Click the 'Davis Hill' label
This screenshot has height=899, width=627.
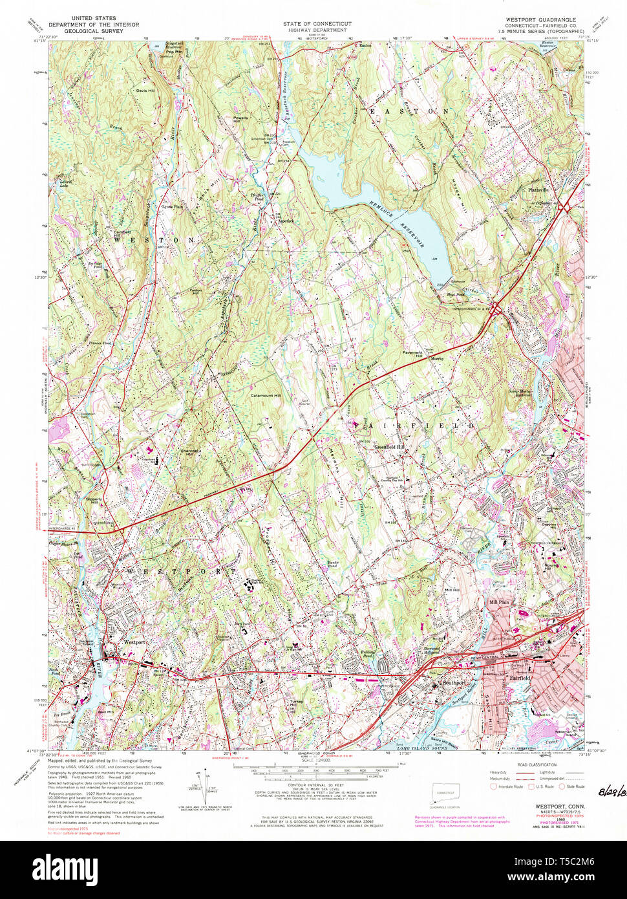click(145, 91)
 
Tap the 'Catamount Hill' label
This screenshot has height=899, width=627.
click(266, 395)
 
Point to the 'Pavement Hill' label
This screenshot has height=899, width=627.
click(427, 355)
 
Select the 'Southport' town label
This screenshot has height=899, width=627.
click(452, 682)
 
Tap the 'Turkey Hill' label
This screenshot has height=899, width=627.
click(296, 704)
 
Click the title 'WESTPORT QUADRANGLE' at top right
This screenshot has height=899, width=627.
click(546, 19)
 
